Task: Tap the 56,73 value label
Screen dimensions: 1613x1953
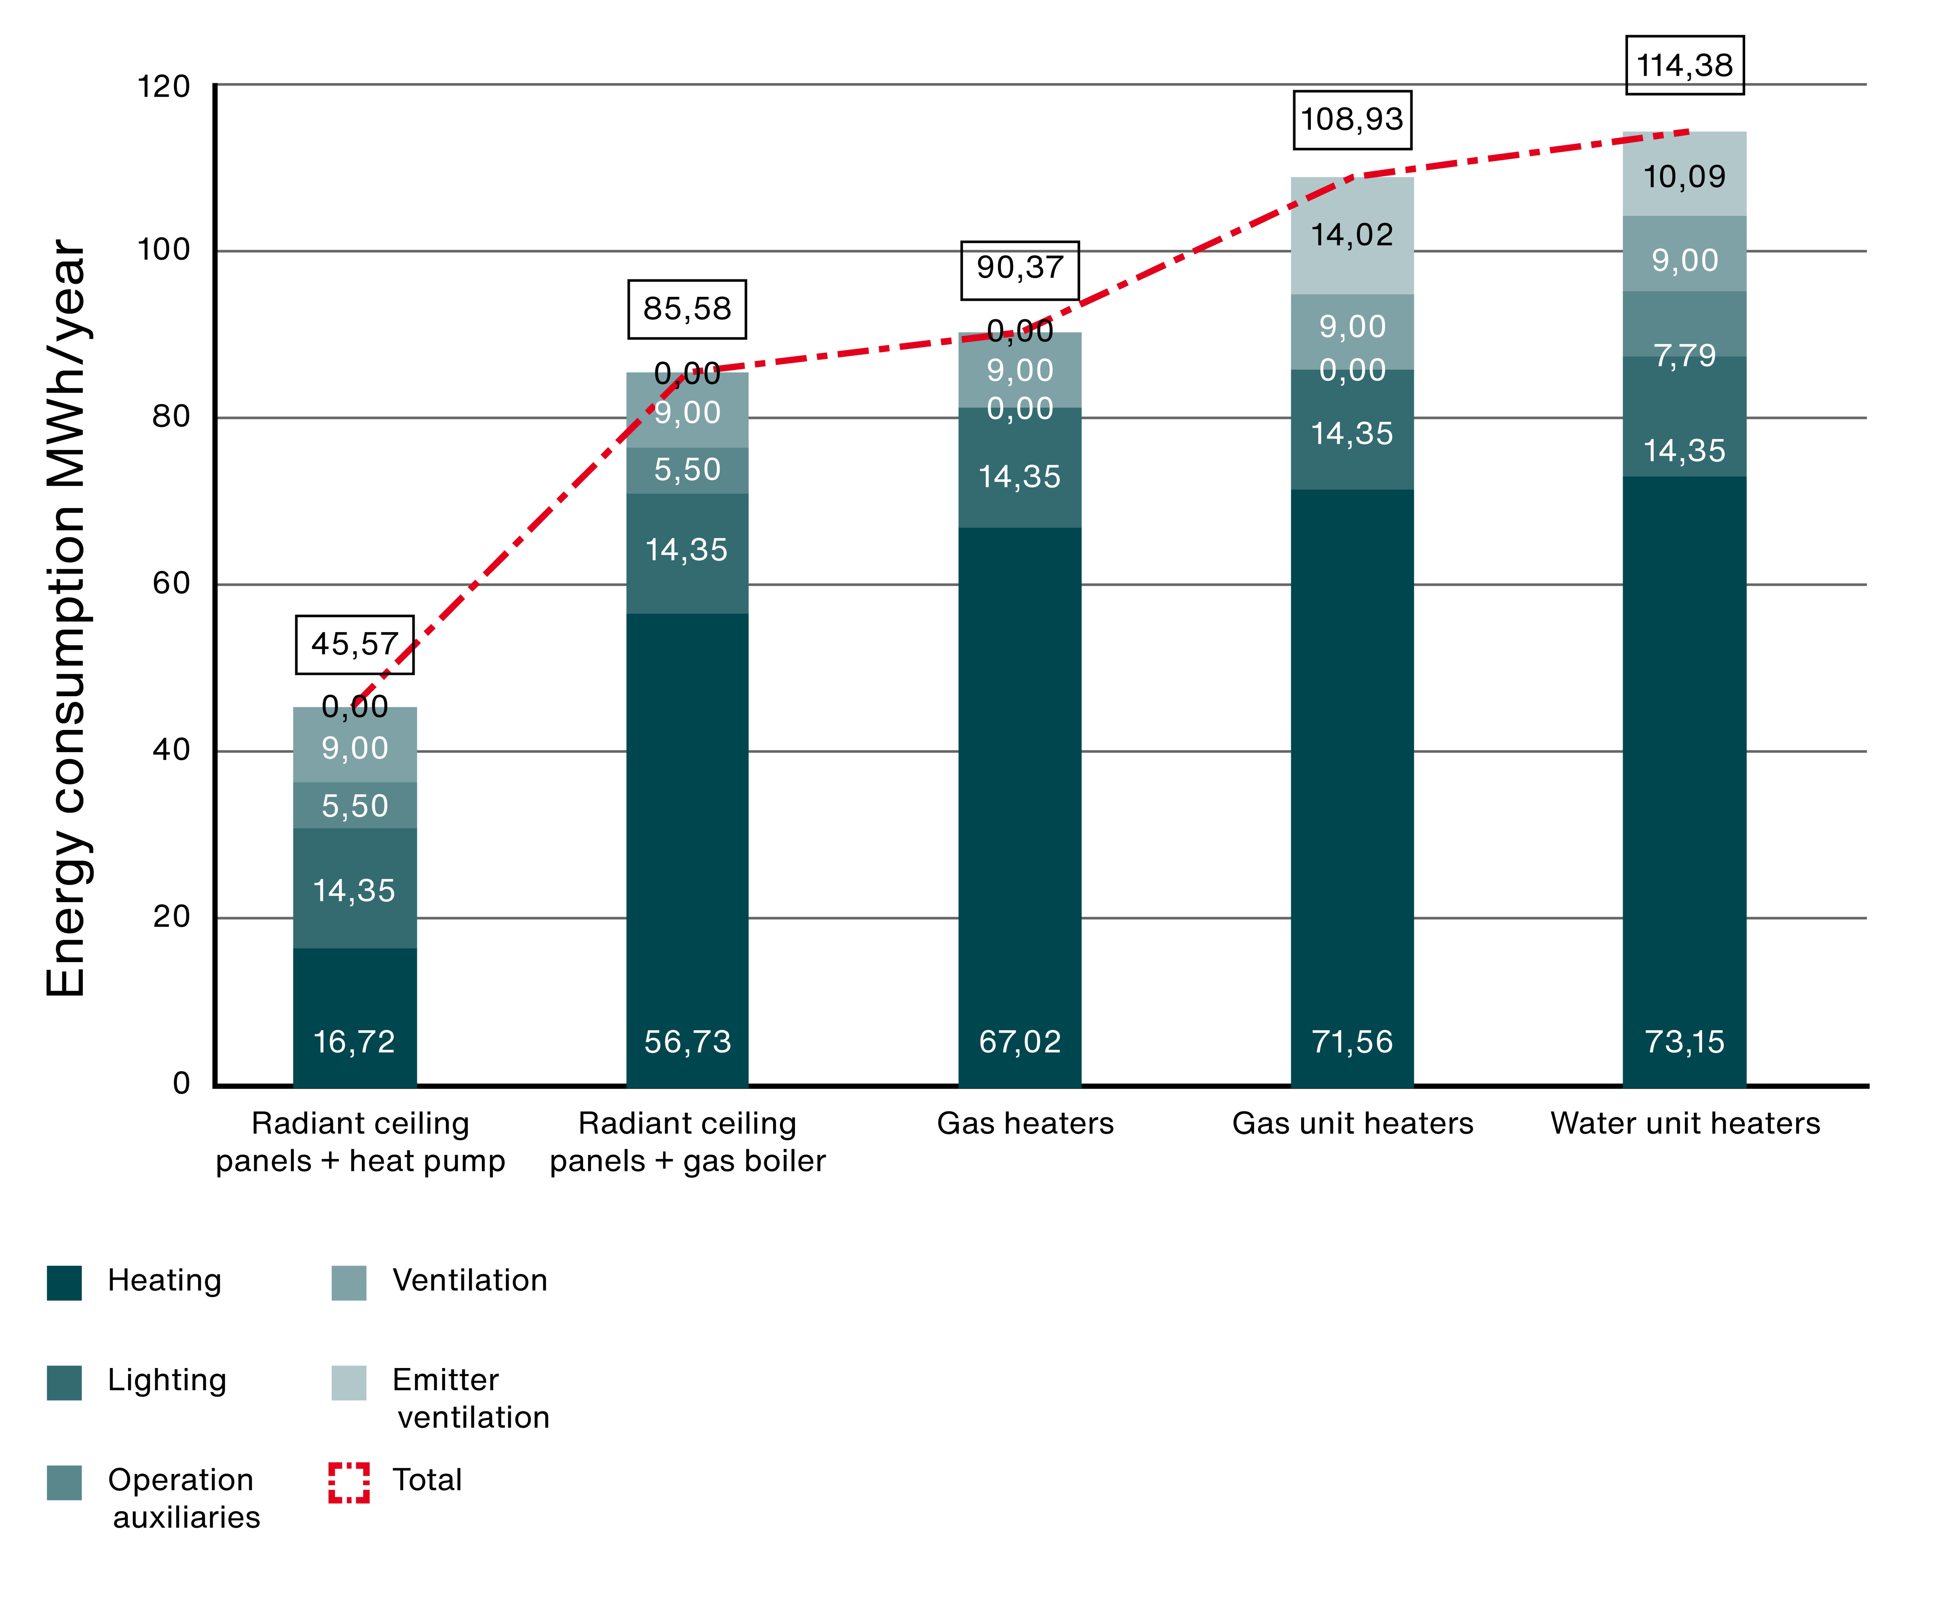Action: pyautogui.click(x=687, y=1042)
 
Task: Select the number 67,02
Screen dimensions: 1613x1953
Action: pyautogui.click(x=1019, y=1042)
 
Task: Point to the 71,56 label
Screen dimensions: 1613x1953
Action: pyautogui.click(x=1352, y=1042)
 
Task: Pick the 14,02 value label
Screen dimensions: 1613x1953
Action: pyautogui.click(x=1352, y=235)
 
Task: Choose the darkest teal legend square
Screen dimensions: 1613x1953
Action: pyautogui.click(x=64, y=1283)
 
